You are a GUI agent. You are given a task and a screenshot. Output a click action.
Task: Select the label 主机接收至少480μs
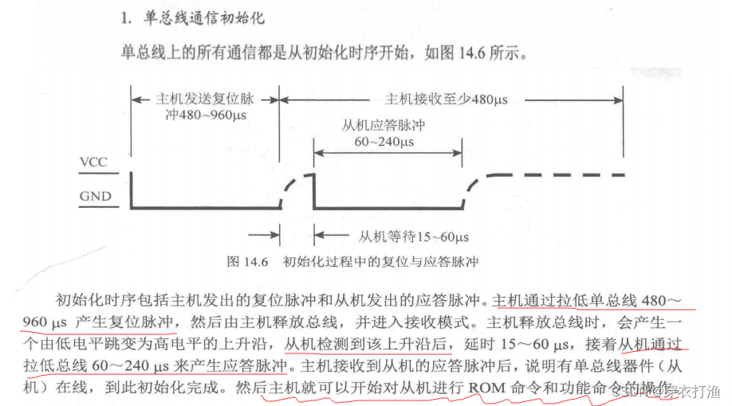[447, 100]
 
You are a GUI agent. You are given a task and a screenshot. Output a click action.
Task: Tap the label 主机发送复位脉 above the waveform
[202, 100]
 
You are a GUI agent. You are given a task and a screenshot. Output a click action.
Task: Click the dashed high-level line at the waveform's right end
[558, 174]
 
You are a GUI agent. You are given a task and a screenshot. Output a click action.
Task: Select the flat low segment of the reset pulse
[204, 209]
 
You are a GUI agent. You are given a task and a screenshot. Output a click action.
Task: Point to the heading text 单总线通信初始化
[191, 18]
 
